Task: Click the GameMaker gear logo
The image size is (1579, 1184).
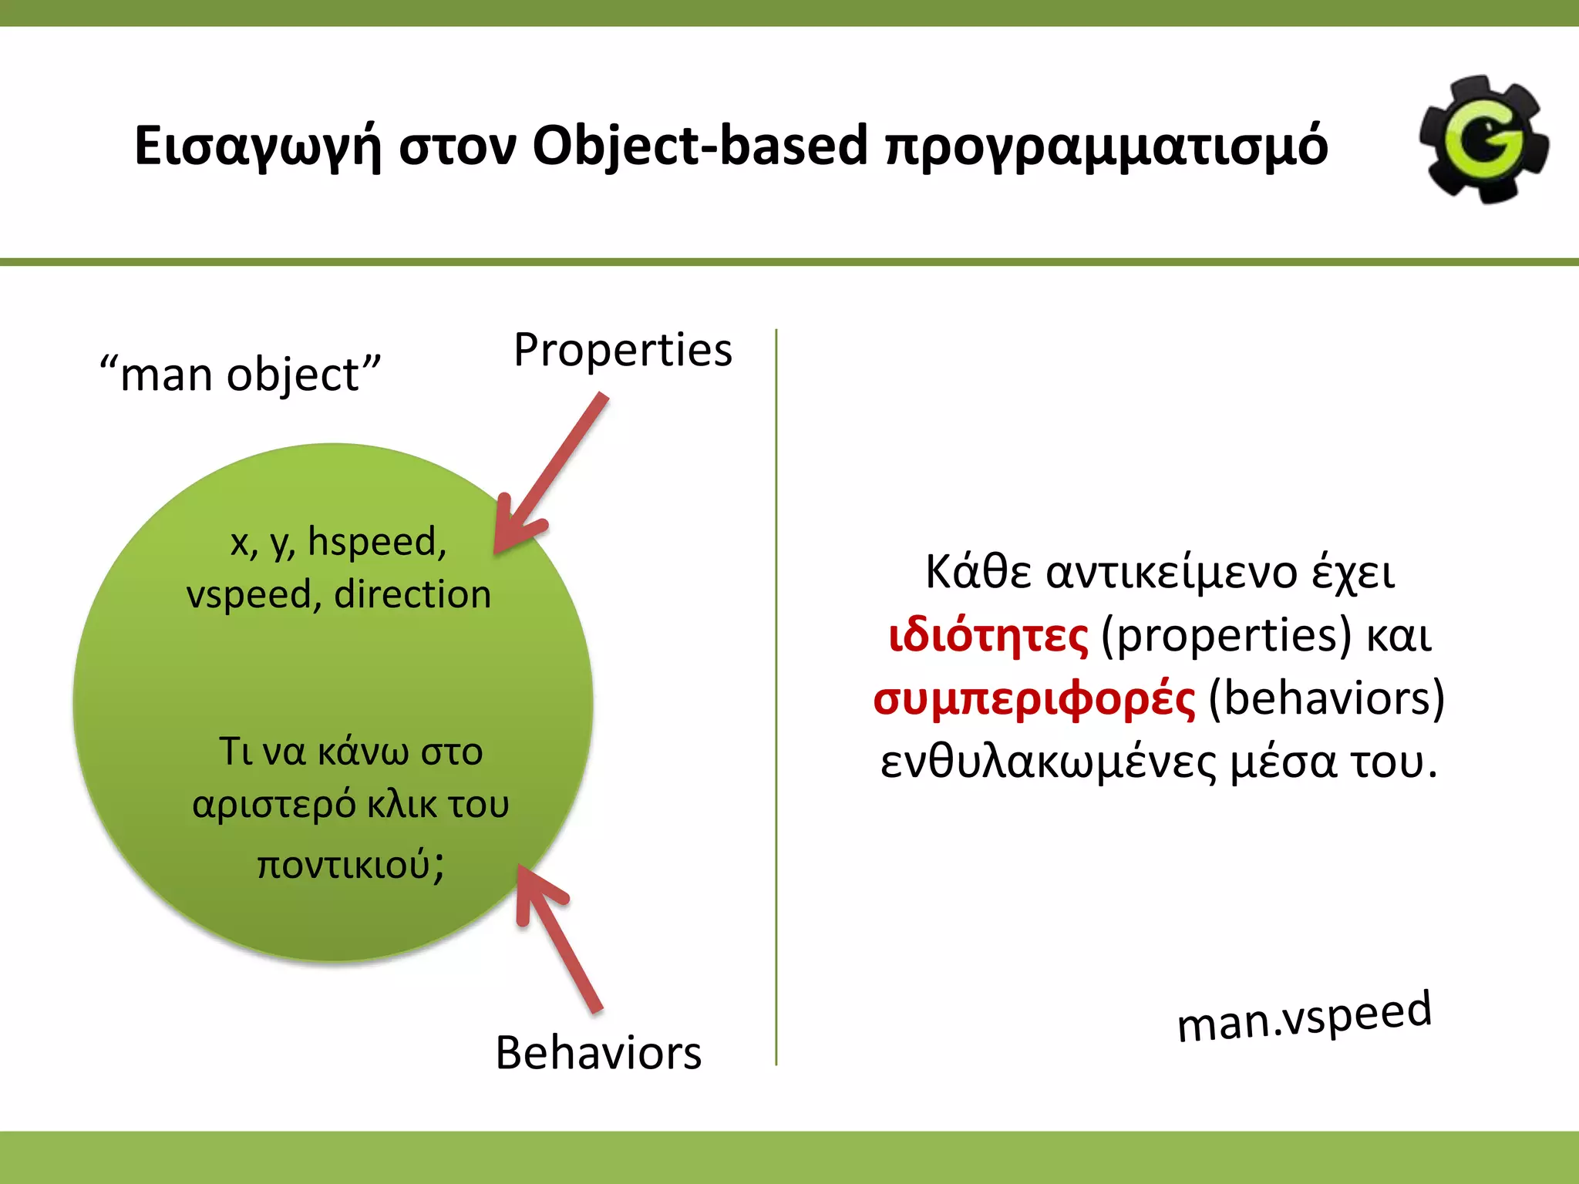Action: tap(1484, 140)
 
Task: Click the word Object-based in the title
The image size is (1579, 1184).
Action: tap(700, 146)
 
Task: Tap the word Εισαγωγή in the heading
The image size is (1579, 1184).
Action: tap(258, 146)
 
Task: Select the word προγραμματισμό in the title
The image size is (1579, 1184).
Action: tap(1107, 146)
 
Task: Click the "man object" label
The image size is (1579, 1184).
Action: tap(240, 375)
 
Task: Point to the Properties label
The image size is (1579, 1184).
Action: tap(623, 350)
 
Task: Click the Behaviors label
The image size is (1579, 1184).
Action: tap(598, 1053)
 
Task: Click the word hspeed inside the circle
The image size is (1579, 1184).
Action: tap(377, 541)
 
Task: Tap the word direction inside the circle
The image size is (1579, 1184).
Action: tap(412, 595)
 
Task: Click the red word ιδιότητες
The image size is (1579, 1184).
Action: tap(988, 637)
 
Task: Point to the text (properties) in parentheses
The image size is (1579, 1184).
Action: tap(1226, 637)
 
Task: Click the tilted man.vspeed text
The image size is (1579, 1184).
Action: tap(1304, 1017)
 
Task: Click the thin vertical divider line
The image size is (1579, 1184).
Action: tap(776, 694)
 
